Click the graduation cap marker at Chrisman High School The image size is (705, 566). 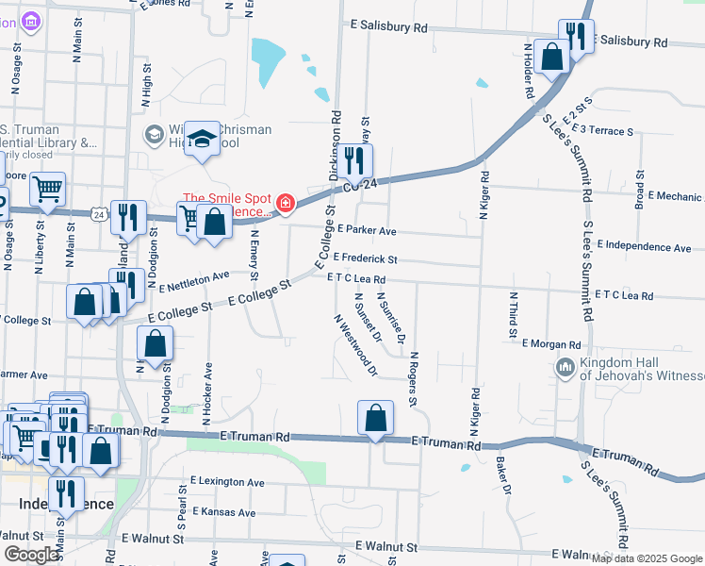click(x=201, y=140)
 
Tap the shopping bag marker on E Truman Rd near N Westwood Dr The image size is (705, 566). click(x=375, y=418)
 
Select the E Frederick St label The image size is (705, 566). click(x=365, y=258)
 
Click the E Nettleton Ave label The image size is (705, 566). click(x=195, y=280)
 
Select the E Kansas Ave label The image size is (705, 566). click(x=222, y=513)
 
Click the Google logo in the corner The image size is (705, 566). click(x=32, y=554)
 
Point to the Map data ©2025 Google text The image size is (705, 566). click(x=647, y=558)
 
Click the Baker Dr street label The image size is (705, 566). click(x=503, y=477)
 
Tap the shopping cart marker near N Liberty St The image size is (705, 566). click(x=46, y=188)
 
